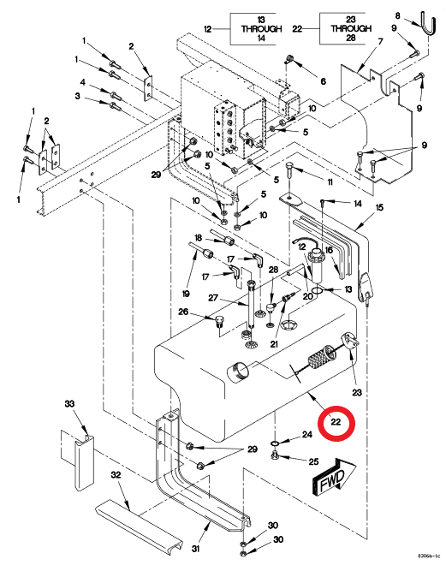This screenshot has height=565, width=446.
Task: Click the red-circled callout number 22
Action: [336, 421]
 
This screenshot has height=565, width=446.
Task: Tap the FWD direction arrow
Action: [333, 476]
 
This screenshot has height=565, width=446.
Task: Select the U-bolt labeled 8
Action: [428, 24]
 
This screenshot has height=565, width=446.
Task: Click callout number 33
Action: [69, 403]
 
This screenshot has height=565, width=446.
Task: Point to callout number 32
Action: [116, 475]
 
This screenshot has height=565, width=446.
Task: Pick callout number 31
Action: [195, 549]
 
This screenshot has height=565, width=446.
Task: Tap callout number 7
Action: [380, 42]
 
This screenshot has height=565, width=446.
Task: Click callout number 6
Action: [323, 81]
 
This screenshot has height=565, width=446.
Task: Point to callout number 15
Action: [379, 207]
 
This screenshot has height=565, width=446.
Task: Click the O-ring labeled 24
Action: [275, 442]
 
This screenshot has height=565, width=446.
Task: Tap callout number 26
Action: [183, 312]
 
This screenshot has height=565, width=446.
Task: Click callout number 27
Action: [213, 298]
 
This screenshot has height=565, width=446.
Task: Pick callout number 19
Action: [186, 294]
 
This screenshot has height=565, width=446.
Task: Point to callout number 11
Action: [330, 182]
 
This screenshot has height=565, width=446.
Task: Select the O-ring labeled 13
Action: [318, 291]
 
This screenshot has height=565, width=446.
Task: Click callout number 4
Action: [82, 82]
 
